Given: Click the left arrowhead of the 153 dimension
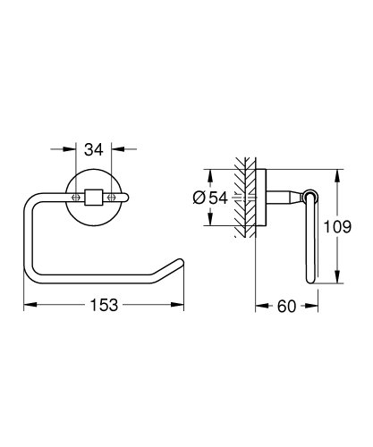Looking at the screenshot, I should pyautogui.click(x=28, y=305).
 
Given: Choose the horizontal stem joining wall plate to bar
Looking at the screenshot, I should pyautogui.click(x=286, y=197).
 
